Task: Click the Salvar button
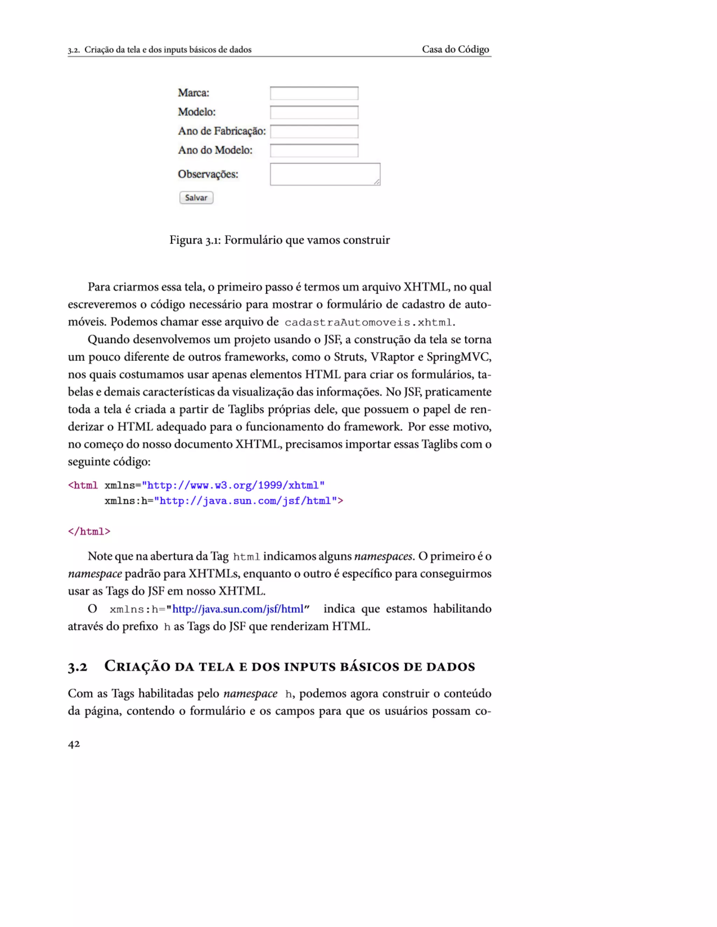click(196, 198)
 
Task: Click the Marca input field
click(314, 93)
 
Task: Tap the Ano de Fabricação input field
click(314, 132)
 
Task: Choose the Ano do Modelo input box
click(314, 151)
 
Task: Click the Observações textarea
click(325, 174)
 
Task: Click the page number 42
click(74, 744)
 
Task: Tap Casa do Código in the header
click(455, 49)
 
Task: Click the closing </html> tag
click(89, 531)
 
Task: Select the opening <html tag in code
click(83, 485)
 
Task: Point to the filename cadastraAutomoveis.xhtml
click(368, 323)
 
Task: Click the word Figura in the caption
click(186, 240)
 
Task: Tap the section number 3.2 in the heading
click(77, 667)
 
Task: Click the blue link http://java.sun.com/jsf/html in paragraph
click(238, 609)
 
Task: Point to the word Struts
click(349, 357)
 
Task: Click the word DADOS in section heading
click(451, 667)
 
